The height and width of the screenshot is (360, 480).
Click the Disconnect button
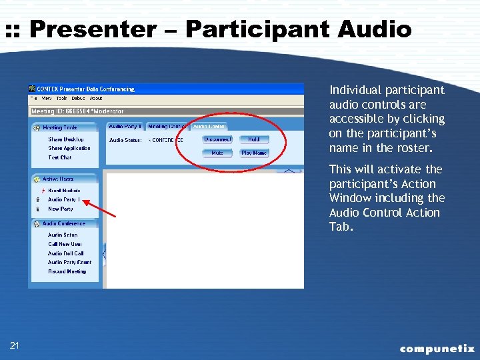pos(217,139)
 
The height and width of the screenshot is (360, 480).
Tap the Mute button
pos(217,153)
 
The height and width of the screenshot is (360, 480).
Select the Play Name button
pos(254,153)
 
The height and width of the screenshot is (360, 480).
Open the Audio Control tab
pos(209,126)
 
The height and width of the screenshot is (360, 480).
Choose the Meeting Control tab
pos(167,126)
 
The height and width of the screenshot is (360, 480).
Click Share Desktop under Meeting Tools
pos(65,139)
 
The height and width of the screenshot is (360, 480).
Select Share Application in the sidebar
pos(69,148)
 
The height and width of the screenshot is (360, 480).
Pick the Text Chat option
pos(59,157)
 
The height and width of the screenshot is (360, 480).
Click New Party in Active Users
pos(60,209)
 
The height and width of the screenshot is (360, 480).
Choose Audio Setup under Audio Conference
pos(62,235)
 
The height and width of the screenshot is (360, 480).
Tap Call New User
pos(65,244)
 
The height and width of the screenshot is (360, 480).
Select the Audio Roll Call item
pos(65,253)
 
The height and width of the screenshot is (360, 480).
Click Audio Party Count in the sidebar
pos(69,262)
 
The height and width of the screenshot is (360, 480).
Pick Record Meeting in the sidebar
pos(67,271)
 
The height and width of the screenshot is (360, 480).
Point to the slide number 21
pos(15,345)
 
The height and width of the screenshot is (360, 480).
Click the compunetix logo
pos(437,348)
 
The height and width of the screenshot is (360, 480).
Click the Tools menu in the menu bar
pos(61,98)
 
